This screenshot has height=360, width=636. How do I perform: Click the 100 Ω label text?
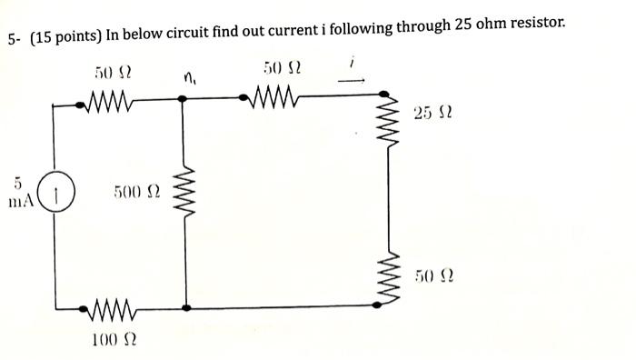point(114,340)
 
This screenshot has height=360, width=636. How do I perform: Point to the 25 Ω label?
point(434,114)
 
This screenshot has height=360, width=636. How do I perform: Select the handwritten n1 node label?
point(190,78)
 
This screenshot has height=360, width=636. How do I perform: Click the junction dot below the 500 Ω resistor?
point(186,307)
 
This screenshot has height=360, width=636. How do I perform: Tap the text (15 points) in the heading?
point(64,38)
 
